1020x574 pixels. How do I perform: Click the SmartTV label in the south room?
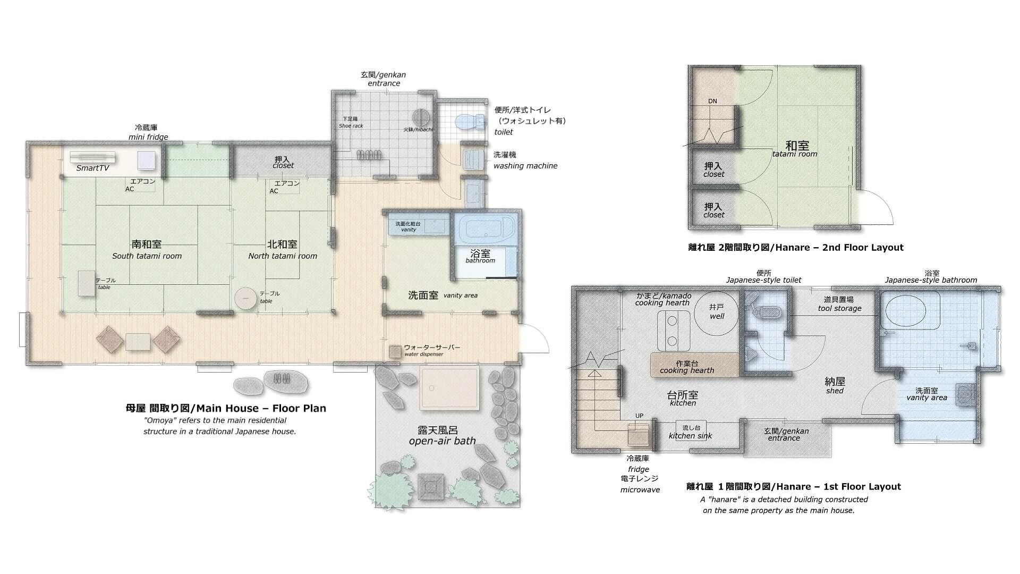[x=93, y=168]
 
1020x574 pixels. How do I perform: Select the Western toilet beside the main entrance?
[x=470, y=122]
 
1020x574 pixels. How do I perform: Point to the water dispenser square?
[x=395, y=352]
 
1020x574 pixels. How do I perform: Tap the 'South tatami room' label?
[x=147, y=256]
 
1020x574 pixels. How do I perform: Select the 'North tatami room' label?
[x=283, y=256]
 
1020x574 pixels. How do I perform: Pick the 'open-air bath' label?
[x=442, y=441]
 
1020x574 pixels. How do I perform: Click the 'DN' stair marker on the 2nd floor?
[x=712, y=101]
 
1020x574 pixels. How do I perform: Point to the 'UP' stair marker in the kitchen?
[x=640, y=416]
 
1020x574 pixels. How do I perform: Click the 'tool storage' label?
[x=839, y=308]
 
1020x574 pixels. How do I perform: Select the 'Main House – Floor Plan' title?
[x=226, y=408]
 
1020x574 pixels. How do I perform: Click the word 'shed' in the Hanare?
[x=835, y=391]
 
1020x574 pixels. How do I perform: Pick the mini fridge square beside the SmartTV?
[x=146, y=159]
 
